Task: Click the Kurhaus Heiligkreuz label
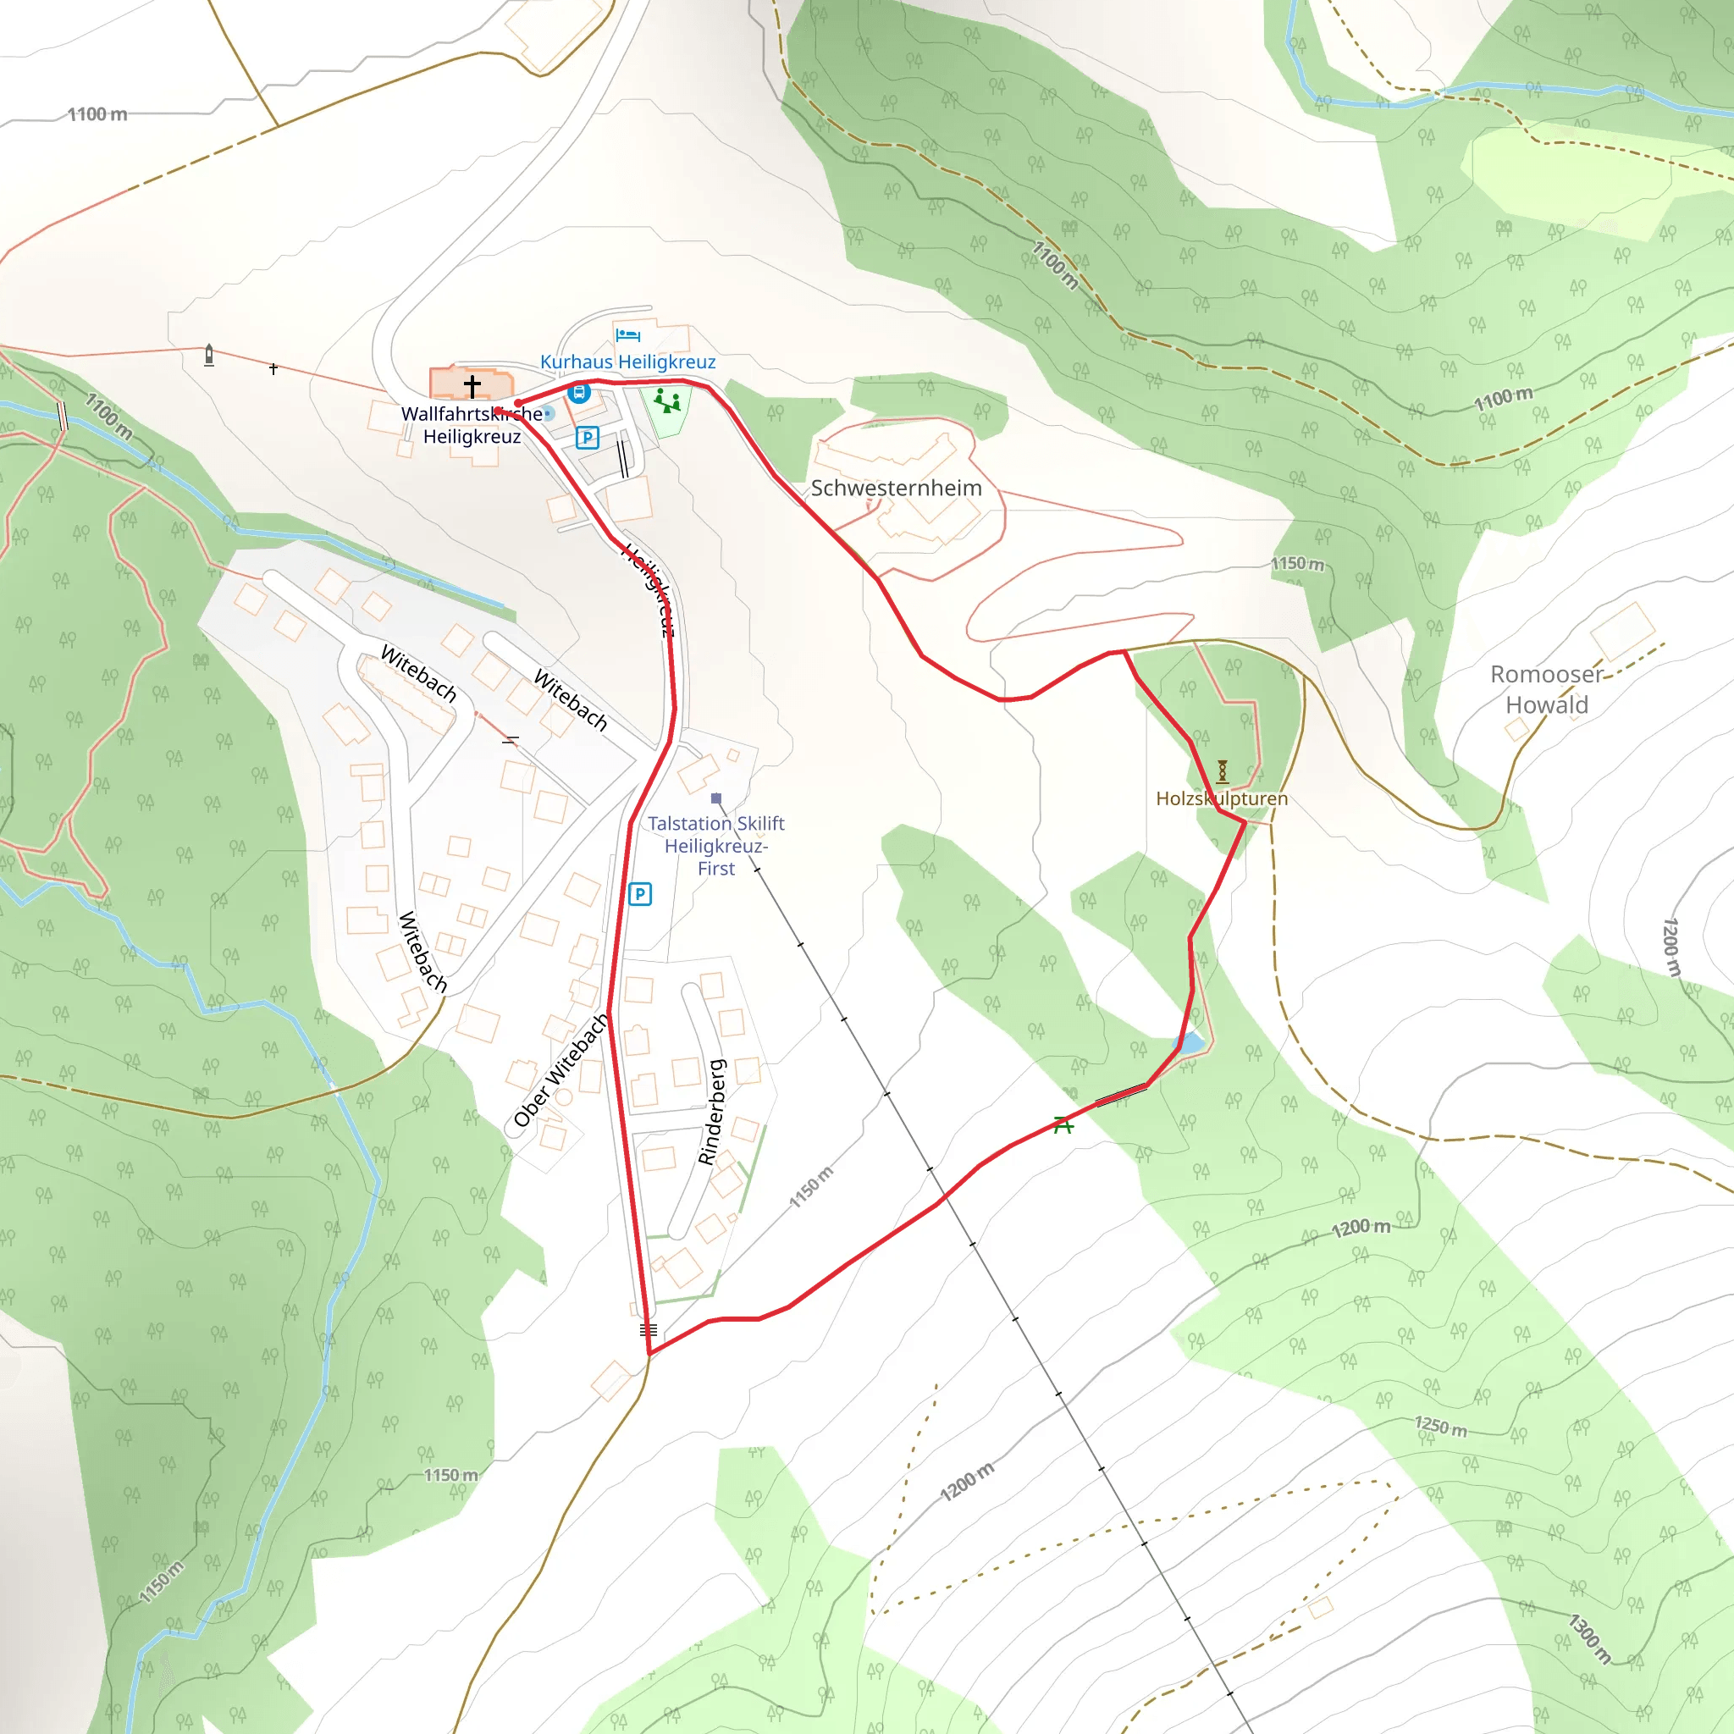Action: pyautogui.click(x=627, y=362)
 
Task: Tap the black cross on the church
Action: pyautogui.click(x=472, y=386)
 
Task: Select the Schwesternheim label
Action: pyautogui.click(x=896, y=489)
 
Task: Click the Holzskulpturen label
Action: pyautogui.click(x=1221, y=798)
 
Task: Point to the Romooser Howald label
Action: pyautogui.click(x=1545, y=689)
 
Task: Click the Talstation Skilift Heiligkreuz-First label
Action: pyautogui.click(x=715, y=846)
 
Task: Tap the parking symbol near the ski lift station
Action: pyautogui.click(x=639, y=894)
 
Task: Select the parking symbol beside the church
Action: pyautogui.click(x=587, y=437)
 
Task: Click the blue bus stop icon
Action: pyautogui.click(x=579, y=392)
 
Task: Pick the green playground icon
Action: pyautogui.click(x=667, y=400)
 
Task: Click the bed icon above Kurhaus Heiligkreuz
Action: pyautogui.click(x=627, y=335)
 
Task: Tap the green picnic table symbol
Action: pyautogui.click(x=1063, y=1124)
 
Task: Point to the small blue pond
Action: pyautogui.click(x=1190, y=1044)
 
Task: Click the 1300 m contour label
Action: pyautogui.click(x=1589, y=1639)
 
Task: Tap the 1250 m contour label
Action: pyautogui.click(x=1440, y=1426)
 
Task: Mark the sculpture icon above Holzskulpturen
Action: pyautogui.click(x=1222, y=771)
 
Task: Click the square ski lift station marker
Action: pyautogui.click(x=715, y=798)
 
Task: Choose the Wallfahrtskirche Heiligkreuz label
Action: pyautogui.click(x=472, y=425)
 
